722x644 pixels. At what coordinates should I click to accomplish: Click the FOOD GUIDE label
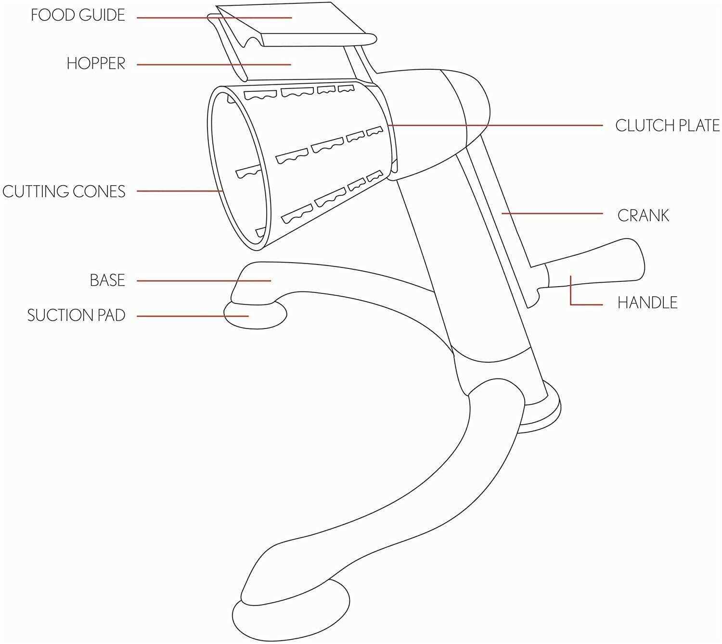tap(78, 15)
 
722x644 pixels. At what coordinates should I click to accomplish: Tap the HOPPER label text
tap(96, 64)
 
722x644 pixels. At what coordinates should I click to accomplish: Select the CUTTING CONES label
tap(64, 191)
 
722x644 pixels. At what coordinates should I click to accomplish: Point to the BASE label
tap(107, 280)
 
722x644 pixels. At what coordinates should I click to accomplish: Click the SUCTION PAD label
tap(76, 315)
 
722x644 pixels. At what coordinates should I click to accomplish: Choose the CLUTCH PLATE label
tap(668, 126)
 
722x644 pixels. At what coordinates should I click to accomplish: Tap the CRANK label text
tap(643, 215)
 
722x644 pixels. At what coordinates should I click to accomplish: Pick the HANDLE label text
tap(647, 303)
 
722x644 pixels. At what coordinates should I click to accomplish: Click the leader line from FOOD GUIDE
tap(214, 17)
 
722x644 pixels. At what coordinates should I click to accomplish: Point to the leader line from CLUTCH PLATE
tap(495, 126)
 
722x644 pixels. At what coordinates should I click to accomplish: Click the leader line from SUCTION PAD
tap(193, 316)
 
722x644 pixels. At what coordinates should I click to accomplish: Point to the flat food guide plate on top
tap(296, 25)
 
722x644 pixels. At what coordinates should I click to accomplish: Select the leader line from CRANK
tap(552, 214)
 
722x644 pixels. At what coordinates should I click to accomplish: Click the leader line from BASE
tap(204, 281)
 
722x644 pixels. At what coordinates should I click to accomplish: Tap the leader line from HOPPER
tap(214, 64)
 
